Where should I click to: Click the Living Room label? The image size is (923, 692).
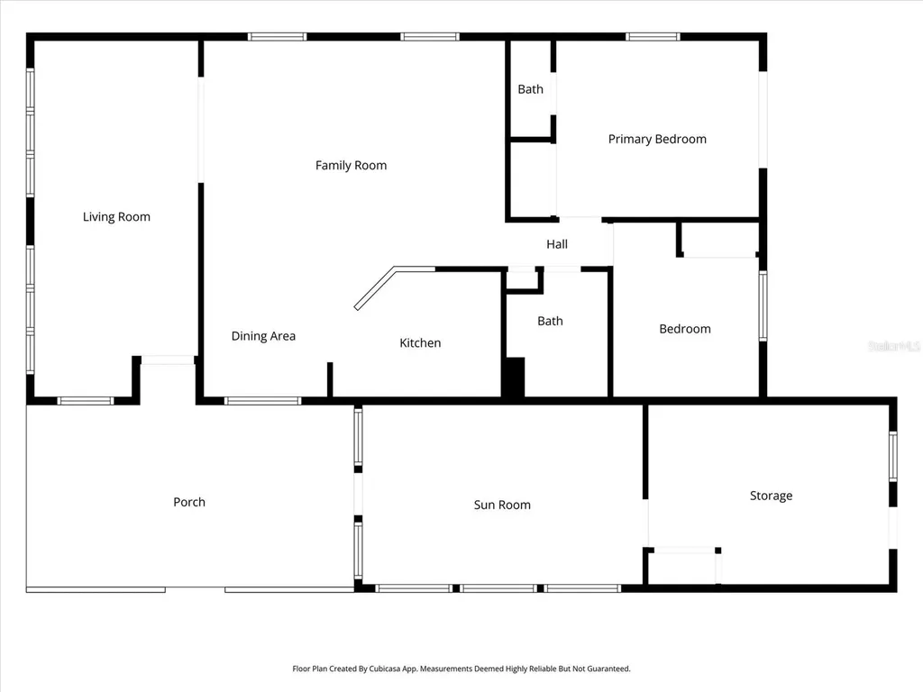(x=116, y=217)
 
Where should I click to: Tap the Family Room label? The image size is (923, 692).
(x=351, y=166)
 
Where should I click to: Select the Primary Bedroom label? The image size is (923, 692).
(x=657, y=140)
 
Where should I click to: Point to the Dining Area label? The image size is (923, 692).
(x=263, y=336)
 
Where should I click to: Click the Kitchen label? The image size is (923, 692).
(x=420, y=343)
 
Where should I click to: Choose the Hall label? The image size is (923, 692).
(x=557, y=244)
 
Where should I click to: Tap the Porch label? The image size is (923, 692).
(x=189, y=502)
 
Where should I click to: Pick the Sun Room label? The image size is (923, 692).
(x=502, y=505)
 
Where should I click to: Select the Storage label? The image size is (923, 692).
(x=771, y=496)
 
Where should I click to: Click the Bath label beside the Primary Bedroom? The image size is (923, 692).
(x=530, y=89)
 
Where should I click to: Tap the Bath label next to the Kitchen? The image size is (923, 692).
(x=550, y=322)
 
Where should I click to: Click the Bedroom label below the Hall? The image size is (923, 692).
(x=685, y=329)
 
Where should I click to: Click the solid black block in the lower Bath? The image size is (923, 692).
(x=513, y=378)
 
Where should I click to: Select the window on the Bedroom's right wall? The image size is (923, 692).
(x=763, y=306)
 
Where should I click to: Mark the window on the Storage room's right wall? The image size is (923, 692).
(x=893, y=456)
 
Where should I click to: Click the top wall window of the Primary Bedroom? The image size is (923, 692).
(x=653, y=37)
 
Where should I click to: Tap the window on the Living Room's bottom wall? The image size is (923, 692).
(x=86, y=401)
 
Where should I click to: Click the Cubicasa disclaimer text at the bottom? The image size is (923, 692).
(x=461, y=669)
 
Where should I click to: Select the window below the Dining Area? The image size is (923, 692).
(x=262, y=401)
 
